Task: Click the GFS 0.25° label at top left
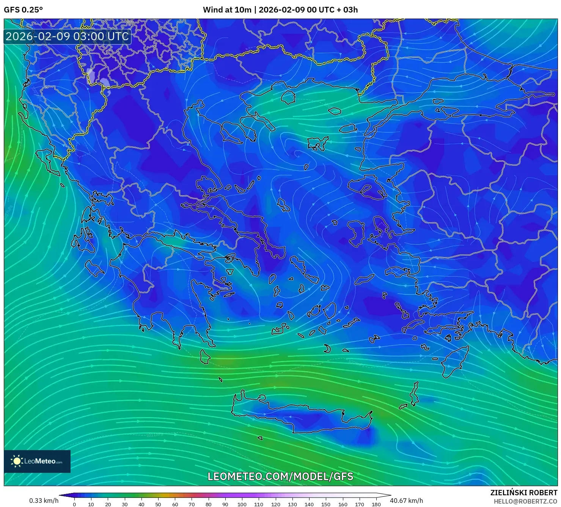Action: click(x=23, y=10)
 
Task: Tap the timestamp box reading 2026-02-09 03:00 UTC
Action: click(x=67, y=36)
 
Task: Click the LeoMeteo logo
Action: click(x=37, y=461)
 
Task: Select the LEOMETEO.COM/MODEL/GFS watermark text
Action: click(x=280, y=476)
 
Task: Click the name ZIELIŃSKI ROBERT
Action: click(x=523, y=493)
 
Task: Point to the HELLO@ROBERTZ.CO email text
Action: click(x=525, y=501)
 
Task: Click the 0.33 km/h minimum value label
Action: click(x=44, y=501)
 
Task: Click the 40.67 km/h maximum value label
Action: click(x=406, y=501)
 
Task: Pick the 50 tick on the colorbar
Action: click(x=158, y=504)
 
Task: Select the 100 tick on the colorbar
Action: click(x=242, y=504)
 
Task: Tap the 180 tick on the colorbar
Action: click(x=376, y=504)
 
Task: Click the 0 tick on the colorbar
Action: click(x=74, y=504)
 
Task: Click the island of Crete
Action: click(x=303, y=415)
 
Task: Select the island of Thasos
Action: click(x=288, y=97)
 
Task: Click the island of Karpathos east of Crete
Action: click(x=415, y=394)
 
